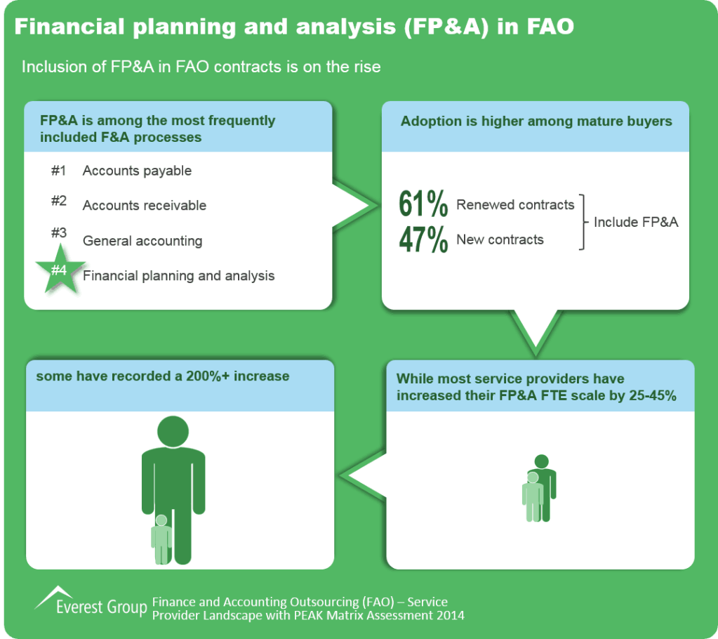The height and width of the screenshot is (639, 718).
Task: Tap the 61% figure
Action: point(423,204)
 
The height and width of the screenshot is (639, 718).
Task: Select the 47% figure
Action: point(423,239)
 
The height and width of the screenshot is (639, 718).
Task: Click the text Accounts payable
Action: point(137,171)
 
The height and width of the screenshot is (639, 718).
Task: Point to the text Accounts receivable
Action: point(145,205)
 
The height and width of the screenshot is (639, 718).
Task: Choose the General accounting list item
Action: point(142,241)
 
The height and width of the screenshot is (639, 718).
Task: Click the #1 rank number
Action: point(59,171)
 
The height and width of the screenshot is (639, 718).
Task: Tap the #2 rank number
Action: point(59,201)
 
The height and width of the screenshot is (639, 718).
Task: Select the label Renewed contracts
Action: point(515,205)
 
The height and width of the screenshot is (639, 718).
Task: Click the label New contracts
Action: point(500,239)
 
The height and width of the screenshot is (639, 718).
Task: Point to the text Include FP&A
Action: point(636,222)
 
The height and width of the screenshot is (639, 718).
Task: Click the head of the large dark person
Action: point(173,431)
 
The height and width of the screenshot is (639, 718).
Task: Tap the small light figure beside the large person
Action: point(161,539)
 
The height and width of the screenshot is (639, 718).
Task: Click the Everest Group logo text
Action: point(102,607)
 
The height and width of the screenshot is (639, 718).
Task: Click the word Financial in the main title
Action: point(69,27)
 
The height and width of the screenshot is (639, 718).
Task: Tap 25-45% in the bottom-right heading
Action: point(653,395)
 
